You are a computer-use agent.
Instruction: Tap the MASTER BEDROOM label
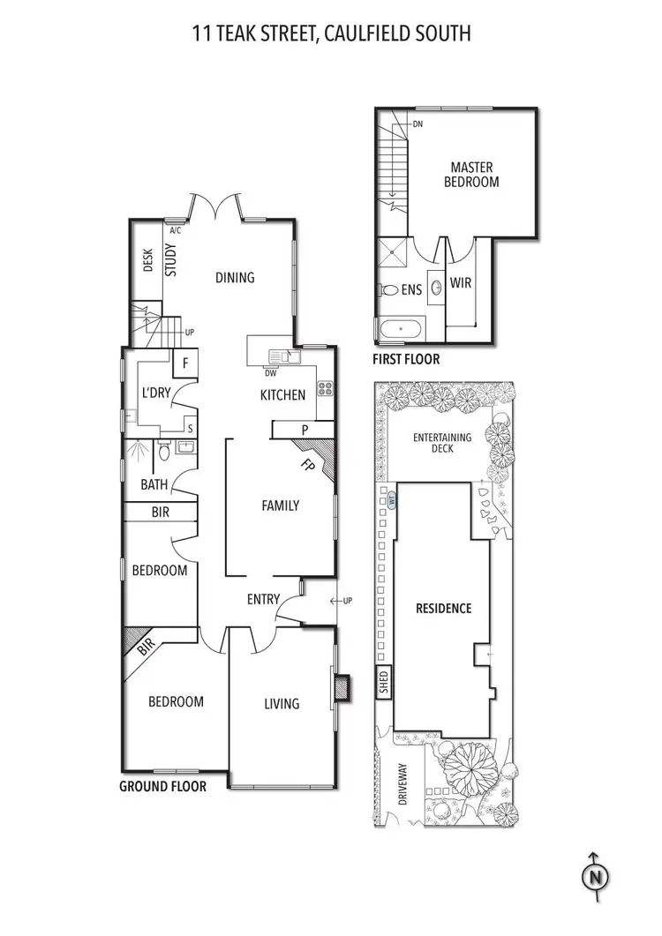click(471, 175)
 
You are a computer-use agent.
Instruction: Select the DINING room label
click(235, 277)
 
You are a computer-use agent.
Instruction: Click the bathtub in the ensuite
click(402, 331)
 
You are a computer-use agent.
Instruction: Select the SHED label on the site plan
click(383, 684)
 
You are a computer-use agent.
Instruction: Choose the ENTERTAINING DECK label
click(442, 443)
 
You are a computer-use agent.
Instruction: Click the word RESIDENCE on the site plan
click(443, 608)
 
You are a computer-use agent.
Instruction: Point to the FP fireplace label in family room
click(307, 465)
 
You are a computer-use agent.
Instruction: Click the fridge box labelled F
click(185, 363)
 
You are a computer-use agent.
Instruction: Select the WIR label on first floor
click(462, 284)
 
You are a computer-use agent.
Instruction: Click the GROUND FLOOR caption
click(162, 786)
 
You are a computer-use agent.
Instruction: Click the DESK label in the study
click(147, 261)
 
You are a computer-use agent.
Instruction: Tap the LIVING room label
click(282, 703)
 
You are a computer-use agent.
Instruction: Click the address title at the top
click(331, 34)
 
